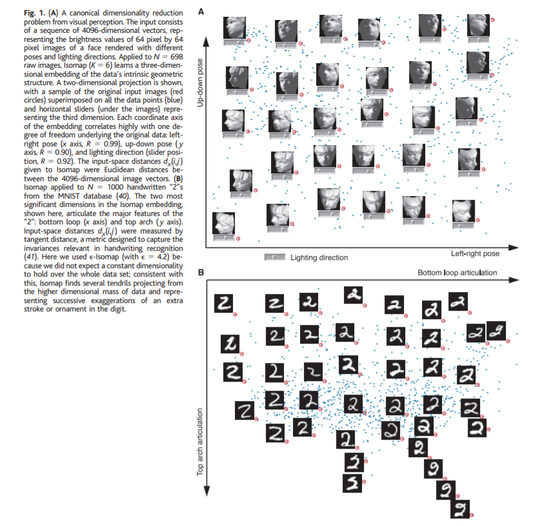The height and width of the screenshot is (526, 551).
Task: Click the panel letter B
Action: [x=201, y=273]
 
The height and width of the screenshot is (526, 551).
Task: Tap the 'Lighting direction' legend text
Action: [x=319, y=257]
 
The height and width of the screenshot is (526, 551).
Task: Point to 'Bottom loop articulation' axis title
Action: [x=457, y=273]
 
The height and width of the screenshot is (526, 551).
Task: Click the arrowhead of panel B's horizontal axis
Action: [x=514, y=280]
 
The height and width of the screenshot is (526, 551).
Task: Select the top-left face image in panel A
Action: [x=235, y=28]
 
